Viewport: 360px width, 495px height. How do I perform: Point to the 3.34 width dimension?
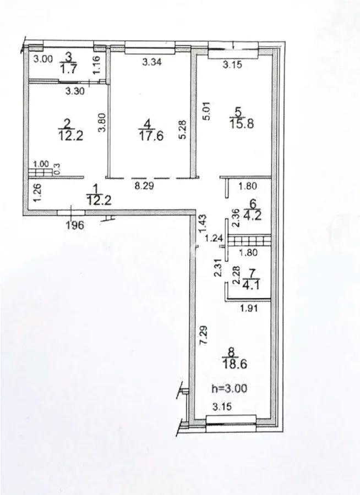[x=151, y=62]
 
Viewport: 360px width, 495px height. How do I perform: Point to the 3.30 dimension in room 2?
[x=75, y=92]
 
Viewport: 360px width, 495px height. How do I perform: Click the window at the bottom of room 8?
[x=231, y=421]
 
